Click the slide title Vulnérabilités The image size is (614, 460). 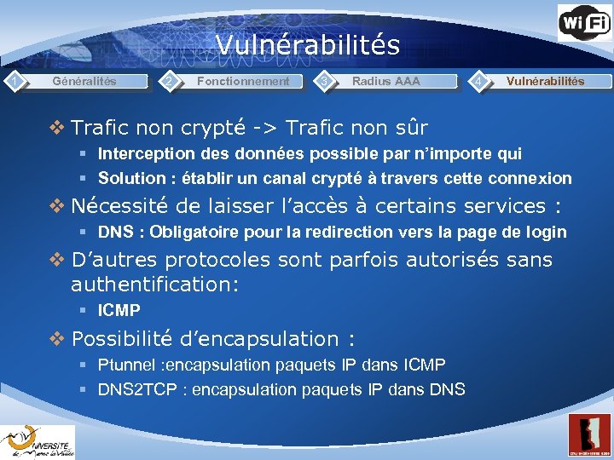click(x=307, y=44)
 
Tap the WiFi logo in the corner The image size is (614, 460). click(x=584, y=23)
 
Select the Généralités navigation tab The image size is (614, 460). click(x=84, y=82)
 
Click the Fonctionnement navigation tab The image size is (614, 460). click(x=243, y=82)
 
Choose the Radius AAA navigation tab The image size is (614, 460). click(x=386, y=82)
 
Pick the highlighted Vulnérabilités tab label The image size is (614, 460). click(x=545, y=82)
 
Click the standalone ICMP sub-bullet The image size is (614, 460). click(x=119, y=311)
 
